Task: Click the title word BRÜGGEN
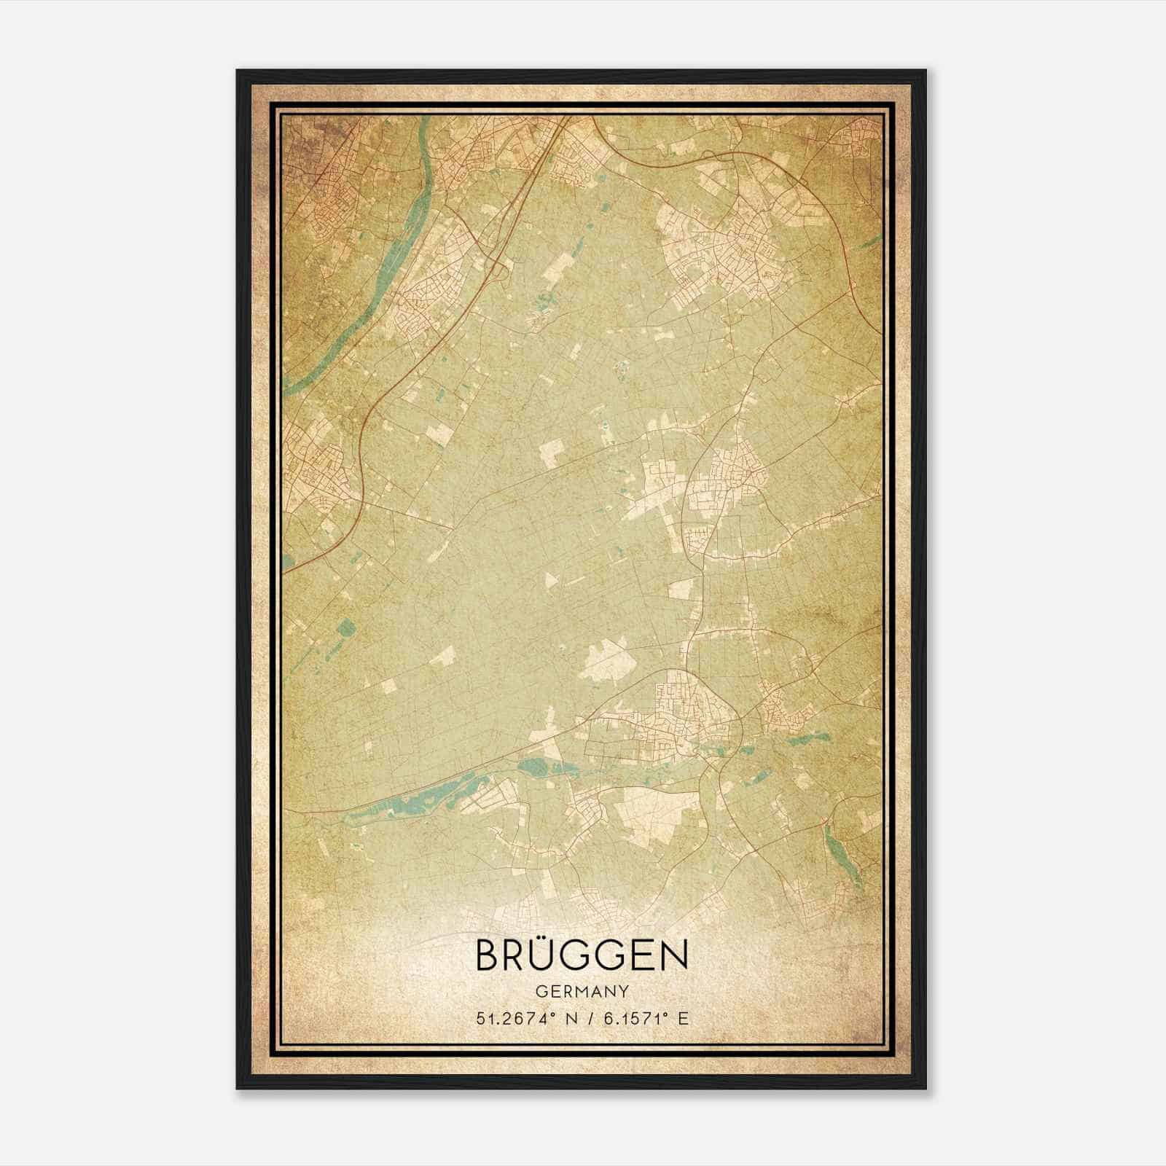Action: pyautogui.click(x=582, y=955)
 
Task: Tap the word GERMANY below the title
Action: pyautogui.click(x=582, y=992)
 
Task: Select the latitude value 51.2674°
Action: pyautogui.click(x=512, y=1018)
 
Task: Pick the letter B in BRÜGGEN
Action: pyautogui.click(x=488, y=955)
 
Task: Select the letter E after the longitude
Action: pyautogui.click(x=683, y=1018)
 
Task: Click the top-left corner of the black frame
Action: pyautogui.click(x=238, y=71)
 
